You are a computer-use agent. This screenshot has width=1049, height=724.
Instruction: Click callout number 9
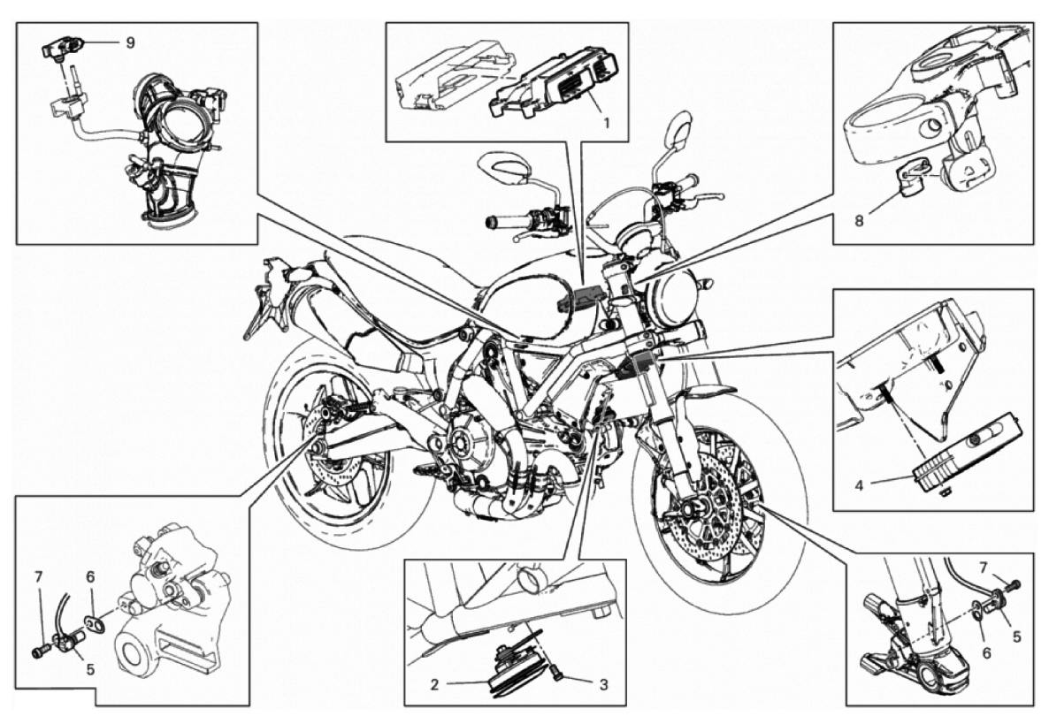[x=130, y=42]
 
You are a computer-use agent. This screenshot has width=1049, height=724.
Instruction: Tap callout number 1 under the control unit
[x=606, y=123]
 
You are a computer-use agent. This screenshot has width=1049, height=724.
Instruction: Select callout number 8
[x=859, y=220]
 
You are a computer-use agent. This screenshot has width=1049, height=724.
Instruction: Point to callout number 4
[x=859, y=484]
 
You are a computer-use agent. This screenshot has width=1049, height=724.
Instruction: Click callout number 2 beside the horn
[x=434, y=685]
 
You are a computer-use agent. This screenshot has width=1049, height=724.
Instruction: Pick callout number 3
[x=603, y=685]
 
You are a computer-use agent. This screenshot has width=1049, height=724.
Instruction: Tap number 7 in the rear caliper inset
[x=39, y=575]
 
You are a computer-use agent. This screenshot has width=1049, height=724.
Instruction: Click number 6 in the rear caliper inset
[x=90, y=575]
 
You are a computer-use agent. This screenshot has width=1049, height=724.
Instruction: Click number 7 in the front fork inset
[x=983, y=567]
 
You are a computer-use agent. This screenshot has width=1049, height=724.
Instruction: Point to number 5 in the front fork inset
[x=1017, y=637]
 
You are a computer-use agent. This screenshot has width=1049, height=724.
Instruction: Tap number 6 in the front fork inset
[x=986, y=652]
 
